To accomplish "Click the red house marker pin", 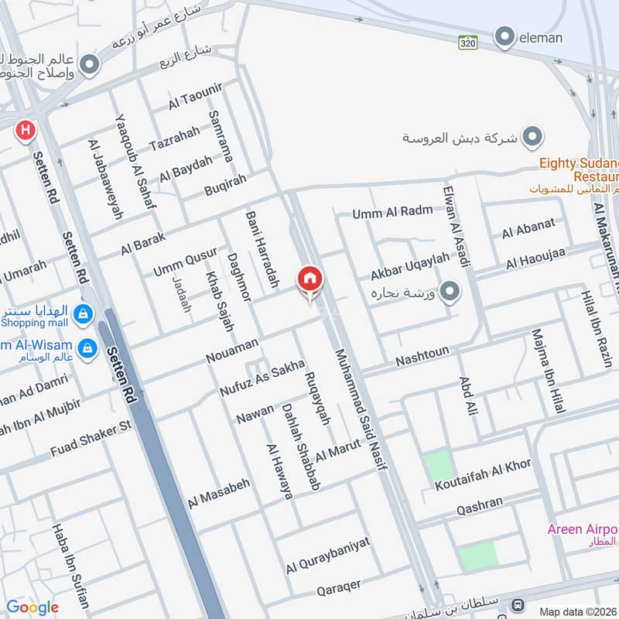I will tap(309, 280).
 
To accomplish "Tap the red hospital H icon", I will tap(26, 130).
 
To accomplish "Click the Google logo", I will tap(32, 607).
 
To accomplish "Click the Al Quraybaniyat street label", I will tap(329, 555).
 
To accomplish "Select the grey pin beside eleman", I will tap(504, 36).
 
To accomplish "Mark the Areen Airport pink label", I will tap(583, 529).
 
